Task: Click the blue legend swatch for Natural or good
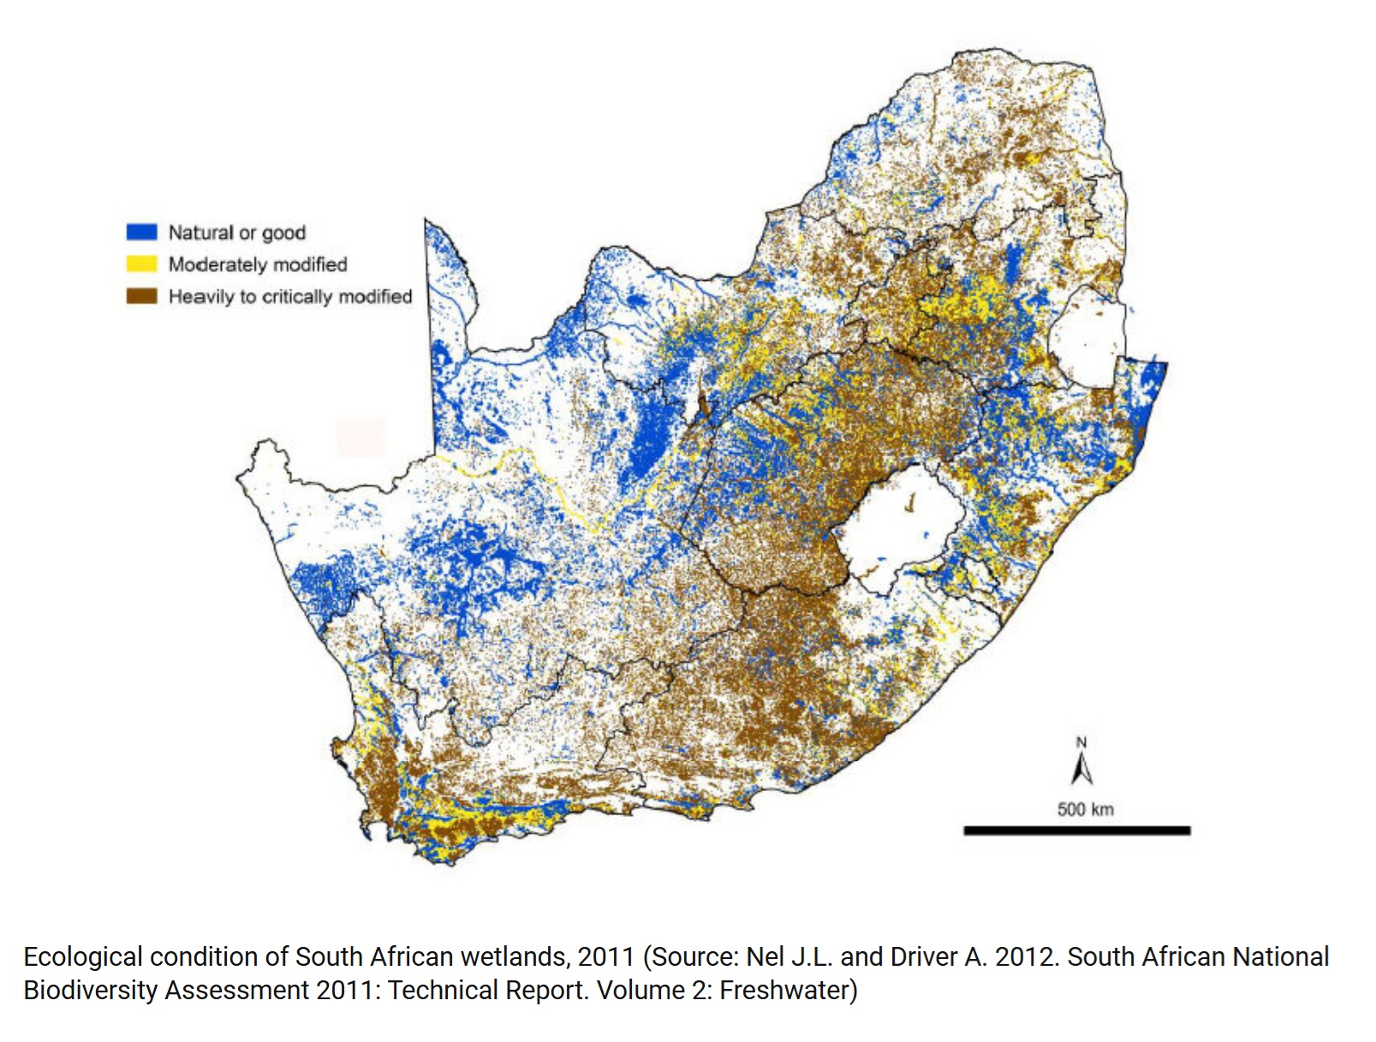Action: pos(141,232)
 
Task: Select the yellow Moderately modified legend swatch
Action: pos(141,264)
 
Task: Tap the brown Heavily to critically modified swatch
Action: pos(141,296)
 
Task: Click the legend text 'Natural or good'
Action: pos(236,233)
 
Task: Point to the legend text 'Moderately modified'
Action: pos(257,265)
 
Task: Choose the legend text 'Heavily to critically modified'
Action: pos(289,296)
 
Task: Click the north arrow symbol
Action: pos(1081,767)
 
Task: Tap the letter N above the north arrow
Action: pos(1081,742)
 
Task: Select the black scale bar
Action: pos(1076,831)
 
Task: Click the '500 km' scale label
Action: pos(1085,809)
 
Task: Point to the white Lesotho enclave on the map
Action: pos(899,527)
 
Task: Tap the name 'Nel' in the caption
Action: pos(765,956)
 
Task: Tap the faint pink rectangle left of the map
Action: pos(360,436)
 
